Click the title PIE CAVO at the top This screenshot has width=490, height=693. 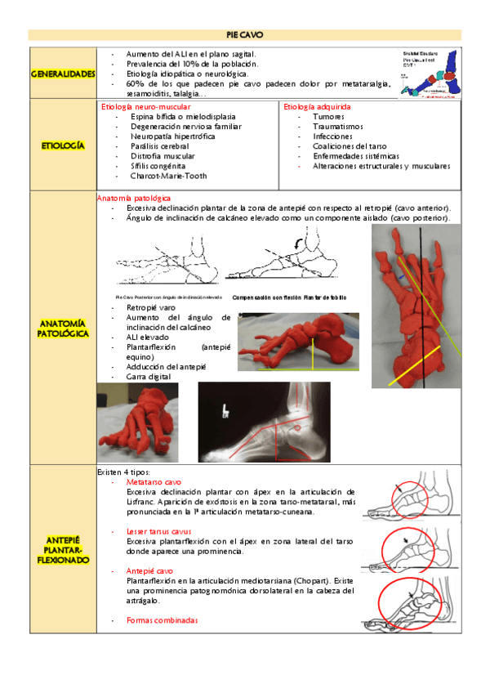pos(245,34)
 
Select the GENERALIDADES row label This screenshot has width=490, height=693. pos(62,74)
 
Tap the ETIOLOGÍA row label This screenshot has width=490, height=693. pos(62,145)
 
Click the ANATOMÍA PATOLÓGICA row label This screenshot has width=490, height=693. pos(62,329)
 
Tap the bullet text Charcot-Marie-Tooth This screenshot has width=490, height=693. pos(168,176)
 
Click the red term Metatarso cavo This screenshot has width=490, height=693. pos(154,483)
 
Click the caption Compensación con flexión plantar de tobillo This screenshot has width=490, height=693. pos(289,297)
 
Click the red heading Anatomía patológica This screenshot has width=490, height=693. pos(134,199)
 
